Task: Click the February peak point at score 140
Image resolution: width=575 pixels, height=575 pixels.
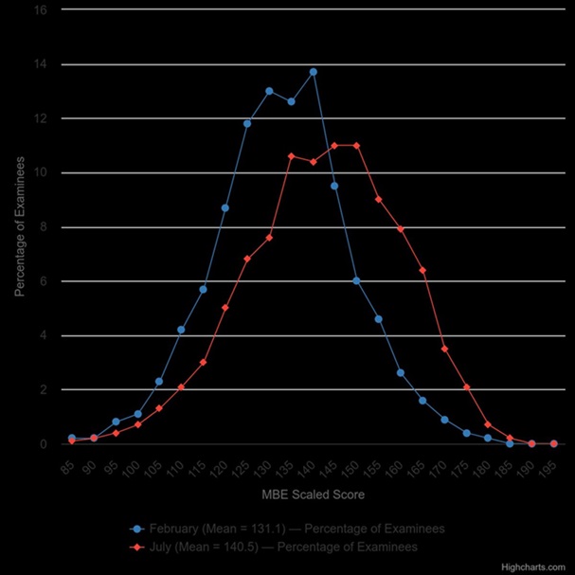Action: coord(313,72)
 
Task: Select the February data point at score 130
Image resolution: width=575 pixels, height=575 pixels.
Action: coord(269,91)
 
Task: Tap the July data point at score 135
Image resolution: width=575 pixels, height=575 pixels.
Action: coord(291,156)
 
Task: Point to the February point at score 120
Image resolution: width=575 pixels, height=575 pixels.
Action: coord(225,207)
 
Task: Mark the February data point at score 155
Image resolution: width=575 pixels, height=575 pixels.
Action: coord(378,319)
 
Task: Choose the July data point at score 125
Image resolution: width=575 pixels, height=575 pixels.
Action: coord(247,259)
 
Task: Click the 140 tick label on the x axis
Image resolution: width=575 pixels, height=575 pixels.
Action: coord(309,468)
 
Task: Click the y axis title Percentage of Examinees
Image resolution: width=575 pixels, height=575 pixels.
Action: coord(19,227)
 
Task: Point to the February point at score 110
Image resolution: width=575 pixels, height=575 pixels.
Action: coord(181,330)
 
